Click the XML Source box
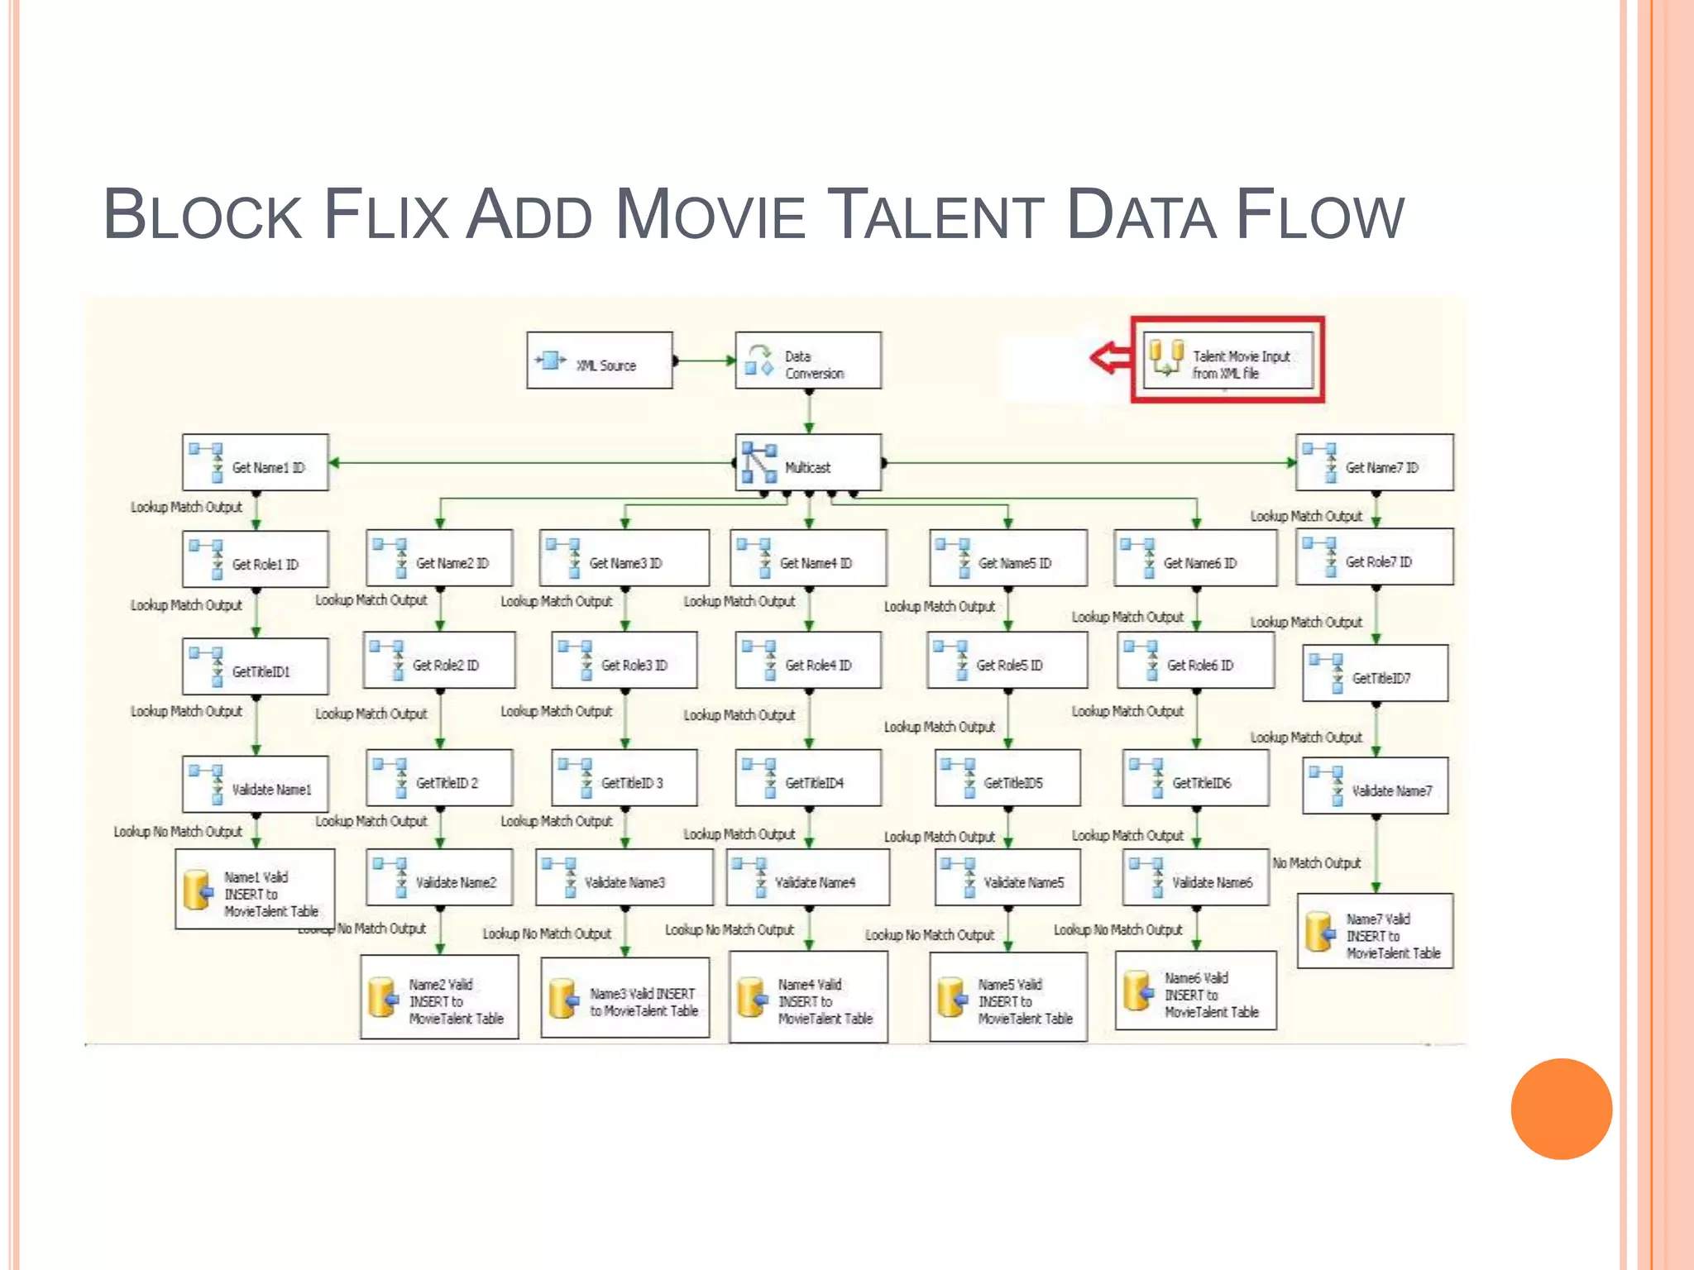600,360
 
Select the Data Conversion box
808,360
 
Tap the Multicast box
808,463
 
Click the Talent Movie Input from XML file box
1228,360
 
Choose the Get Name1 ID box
256,463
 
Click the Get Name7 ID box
1374,463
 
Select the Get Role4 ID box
808,660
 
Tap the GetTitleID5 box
1007,778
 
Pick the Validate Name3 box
624,877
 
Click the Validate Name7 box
1375,786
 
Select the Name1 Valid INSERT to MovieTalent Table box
256,889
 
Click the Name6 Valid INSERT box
1195,991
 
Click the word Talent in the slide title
938,215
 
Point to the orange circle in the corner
1561,1109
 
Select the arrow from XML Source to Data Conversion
704,360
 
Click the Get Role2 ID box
439,660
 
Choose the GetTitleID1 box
256,666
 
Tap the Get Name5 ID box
1008,558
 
